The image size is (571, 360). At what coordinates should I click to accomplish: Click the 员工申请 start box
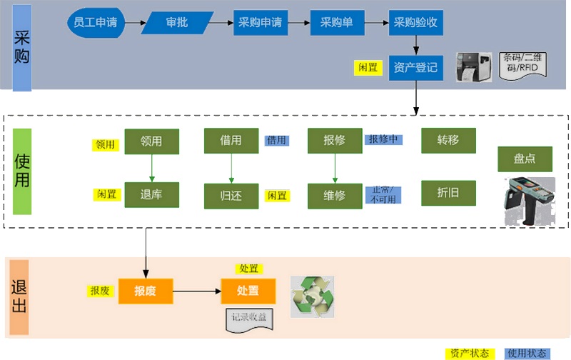tap(96, 23)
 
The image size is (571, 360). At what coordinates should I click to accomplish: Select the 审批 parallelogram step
tap(177, 23)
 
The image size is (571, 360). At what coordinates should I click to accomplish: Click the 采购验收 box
tap(416, 23)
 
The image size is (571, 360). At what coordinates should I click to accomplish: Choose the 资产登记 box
tap(416, 68)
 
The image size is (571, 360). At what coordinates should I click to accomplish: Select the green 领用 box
tap(151, 141)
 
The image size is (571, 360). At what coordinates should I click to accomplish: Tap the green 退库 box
tap(151, 194)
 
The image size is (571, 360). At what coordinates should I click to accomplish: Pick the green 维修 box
tap(335, 195)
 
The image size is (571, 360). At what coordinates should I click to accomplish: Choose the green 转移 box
tap(448, 141)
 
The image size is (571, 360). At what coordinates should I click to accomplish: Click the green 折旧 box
tap(448, 193)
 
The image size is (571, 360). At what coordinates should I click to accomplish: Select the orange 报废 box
tap(146, 291)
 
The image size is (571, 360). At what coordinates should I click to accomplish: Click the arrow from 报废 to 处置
tap(197, 291)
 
